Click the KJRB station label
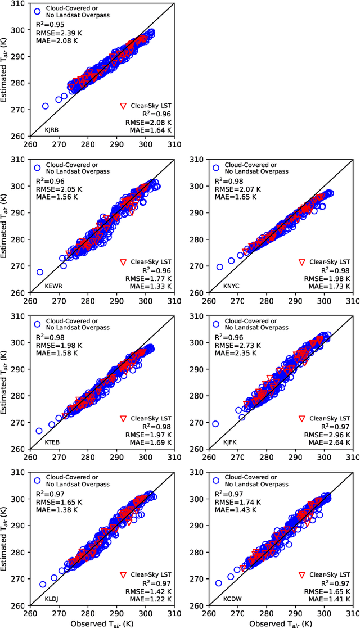tap(52, 130)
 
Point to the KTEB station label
tap(52, 442)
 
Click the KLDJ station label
tap(52, 598)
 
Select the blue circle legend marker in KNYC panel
tap(216, 167)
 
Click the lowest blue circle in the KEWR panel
tap(40, 272)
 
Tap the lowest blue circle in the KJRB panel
tap(46, 106)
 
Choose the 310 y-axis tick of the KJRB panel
tap(19, 3)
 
